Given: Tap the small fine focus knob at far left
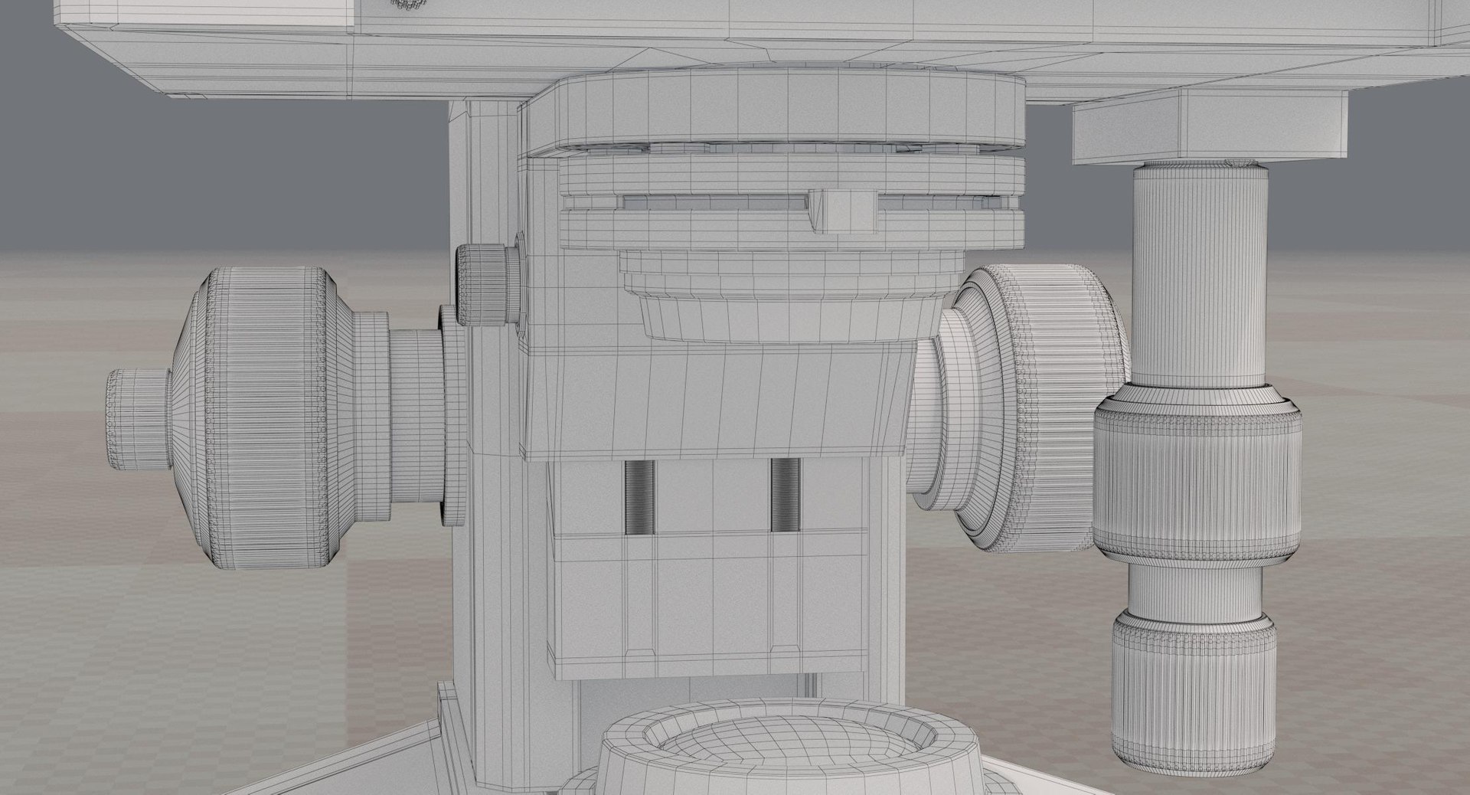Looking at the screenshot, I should [138, 419].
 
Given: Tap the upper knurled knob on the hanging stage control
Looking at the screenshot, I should [1196, 477].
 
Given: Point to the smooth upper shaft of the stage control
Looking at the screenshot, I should [1199, 276].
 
